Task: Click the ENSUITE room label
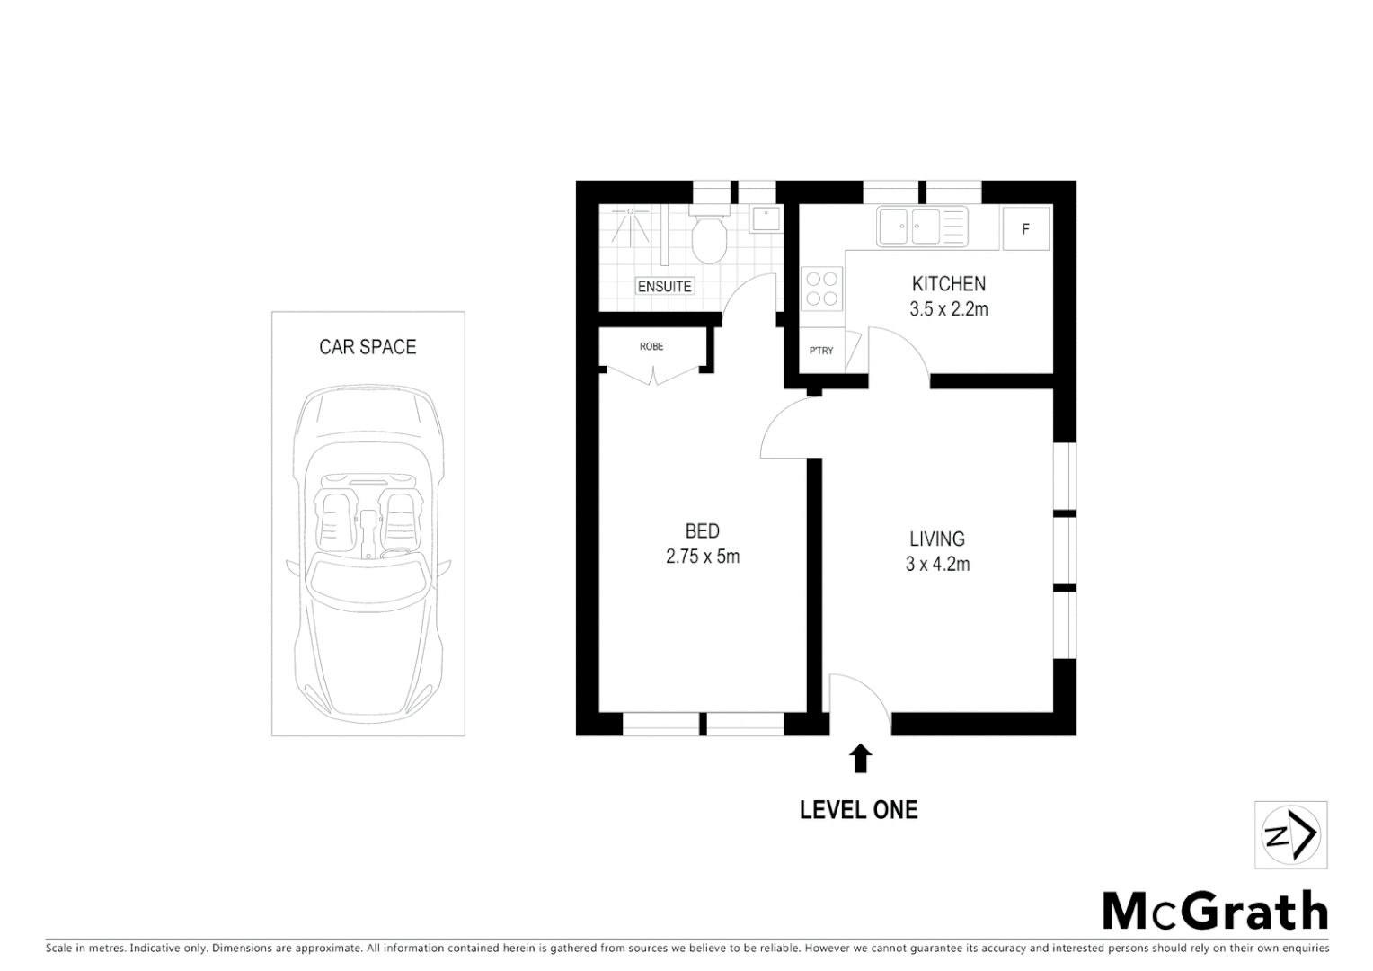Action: click(664, 287)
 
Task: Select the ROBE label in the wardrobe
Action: click(651, 346)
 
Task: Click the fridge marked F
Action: click(1024, 229)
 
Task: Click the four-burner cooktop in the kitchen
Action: click(821, 290)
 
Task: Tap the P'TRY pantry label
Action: click(821, 351)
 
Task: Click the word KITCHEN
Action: click(948, 284)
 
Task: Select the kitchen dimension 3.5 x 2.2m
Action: click(948, 309)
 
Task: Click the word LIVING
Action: click(937, 539)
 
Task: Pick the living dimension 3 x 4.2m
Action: click(937, 565)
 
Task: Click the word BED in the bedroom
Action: click(702, 531)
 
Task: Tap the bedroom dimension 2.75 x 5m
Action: click(702, 557)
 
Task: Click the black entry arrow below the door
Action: click(861, 759)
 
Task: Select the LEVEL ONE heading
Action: click(858, 810)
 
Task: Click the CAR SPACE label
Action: click(368, 347)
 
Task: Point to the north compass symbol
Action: click(1290, 835)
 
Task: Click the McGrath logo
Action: click(1215, 911)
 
